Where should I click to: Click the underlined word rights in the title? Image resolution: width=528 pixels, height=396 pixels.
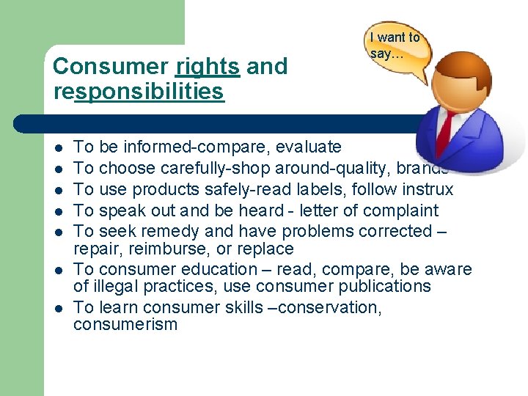click(208, 67)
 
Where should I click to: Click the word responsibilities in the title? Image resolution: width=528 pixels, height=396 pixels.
click(139, 92)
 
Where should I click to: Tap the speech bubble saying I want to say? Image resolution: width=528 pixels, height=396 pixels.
click(395, 46)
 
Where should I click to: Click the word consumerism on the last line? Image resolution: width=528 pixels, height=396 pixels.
click(125, 324)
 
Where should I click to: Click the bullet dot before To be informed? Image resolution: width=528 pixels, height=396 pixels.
click(58, 147)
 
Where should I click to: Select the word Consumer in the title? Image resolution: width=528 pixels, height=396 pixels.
click(111, 67)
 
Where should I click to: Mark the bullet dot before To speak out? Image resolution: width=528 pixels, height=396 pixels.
click(58, 210)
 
